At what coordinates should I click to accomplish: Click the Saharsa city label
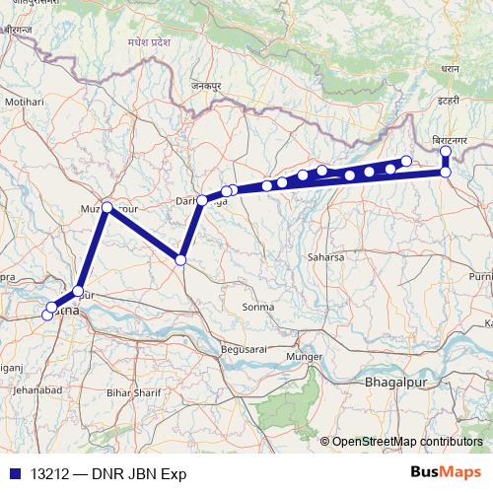pos(324,257)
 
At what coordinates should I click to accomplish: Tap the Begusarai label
pos(245,349)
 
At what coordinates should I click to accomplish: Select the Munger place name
pos(304,355)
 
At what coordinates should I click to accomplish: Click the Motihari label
pos(25,102)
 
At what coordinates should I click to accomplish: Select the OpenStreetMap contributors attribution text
pos(407,442)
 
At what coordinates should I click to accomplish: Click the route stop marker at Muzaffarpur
pos(107,208)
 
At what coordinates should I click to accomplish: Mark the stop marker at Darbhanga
pos(202,200)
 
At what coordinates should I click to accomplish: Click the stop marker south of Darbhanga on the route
pos(180,259)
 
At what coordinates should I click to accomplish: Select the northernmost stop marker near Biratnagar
pos(446,152)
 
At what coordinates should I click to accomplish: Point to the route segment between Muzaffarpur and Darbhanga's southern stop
pos(144,234)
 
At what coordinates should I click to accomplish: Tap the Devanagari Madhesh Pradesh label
pos(150,44)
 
